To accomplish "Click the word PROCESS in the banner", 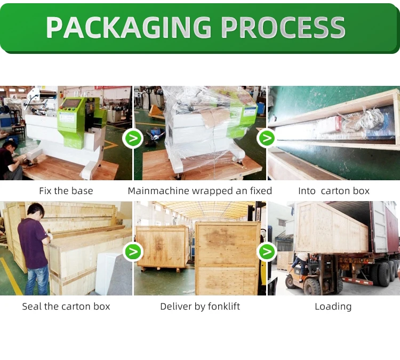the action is (x=283, y=27).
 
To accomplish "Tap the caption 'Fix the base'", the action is (x=66, y=191).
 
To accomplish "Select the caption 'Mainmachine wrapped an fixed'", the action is (x=200, y=191).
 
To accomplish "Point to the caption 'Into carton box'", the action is (x=334, y=191).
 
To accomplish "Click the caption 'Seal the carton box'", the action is (x=66, y=306).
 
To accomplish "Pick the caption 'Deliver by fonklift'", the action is (x=200, y=306).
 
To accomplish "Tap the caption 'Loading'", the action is (x=333, y=306).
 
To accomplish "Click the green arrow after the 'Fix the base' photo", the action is (x=132, y=139).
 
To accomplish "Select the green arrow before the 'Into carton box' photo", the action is (x=266, y=139).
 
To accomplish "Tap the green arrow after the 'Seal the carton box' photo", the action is (x=132, y=251).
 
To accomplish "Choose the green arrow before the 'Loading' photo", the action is (x=266, y=251).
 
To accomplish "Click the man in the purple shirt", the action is (x=33, y=245).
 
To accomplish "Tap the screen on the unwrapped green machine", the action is (x=71, y=103).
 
